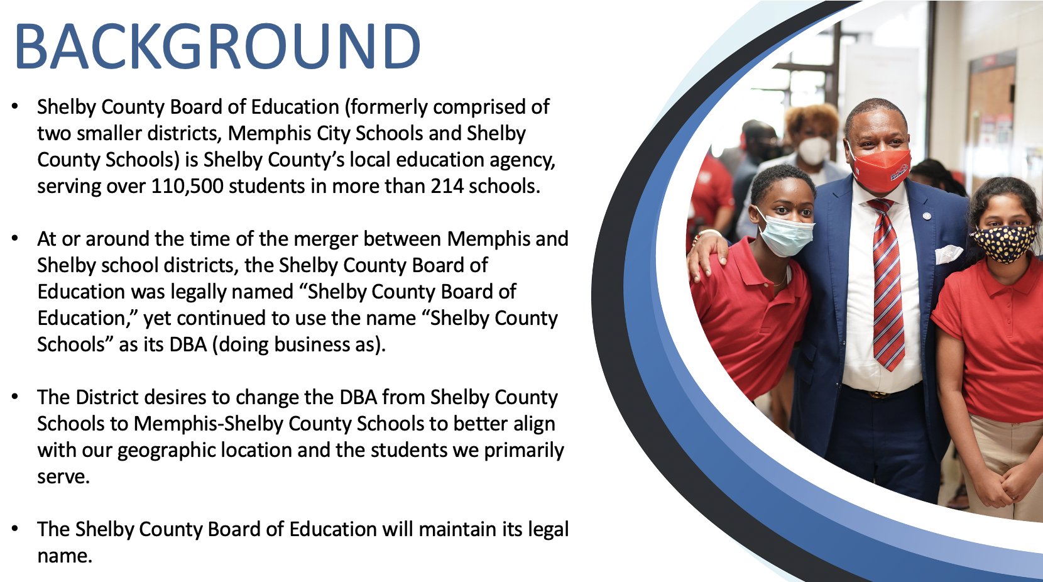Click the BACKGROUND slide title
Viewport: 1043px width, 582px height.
[x=218, y=46]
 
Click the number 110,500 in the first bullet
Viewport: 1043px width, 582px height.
[x=187, y=186]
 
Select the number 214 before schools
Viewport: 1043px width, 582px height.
[x=447, y=186]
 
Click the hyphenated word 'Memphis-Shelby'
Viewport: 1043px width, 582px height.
[x=209, y=424]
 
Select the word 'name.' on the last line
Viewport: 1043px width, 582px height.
[x=65, y=557]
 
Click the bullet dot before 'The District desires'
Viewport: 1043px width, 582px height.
[x=15, y=397]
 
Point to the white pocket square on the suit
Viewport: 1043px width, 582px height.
[x=949, y=254]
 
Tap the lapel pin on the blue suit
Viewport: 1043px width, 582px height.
[x=927, y=216]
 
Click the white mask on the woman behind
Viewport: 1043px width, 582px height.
[x=814, y=150]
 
